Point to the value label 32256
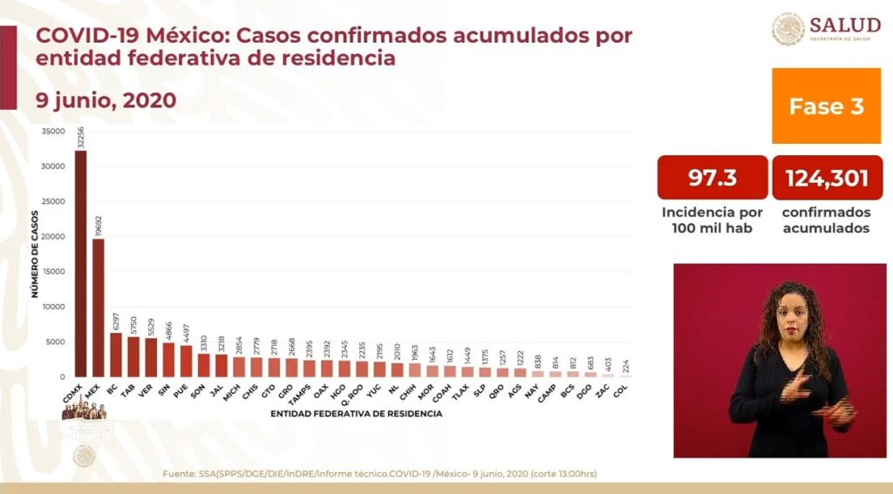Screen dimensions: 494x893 [81, 138]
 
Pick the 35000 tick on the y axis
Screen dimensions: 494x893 [54, 132]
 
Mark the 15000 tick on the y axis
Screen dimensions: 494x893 [54, 272]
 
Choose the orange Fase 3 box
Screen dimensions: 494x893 [826, 106]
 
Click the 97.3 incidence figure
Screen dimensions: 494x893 [712, 179]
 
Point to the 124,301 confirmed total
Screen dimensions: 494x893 [827, 179]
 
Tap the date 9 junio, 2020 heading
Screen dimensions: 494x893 [106, 100]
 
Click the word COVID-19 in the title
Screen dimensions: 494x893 [96, 37]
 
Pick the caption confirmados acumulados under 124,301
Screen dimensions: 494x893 [826, 220]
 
